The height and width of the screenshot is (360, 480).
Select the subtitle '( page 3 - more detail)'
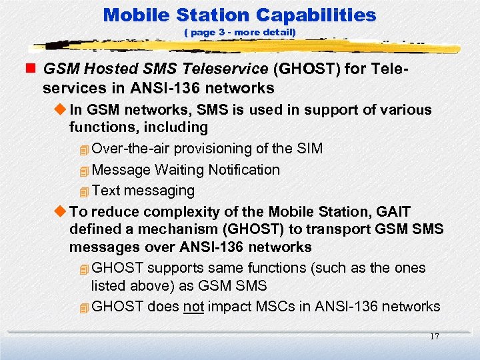(x=239, y=32)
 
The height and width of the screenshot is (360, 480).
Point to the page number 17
(x=434, y=337)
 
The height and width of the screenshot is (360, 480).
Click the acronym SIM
(x=309, y=148)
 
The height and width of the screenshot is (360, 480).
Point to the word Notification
(x=244, y=170)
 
